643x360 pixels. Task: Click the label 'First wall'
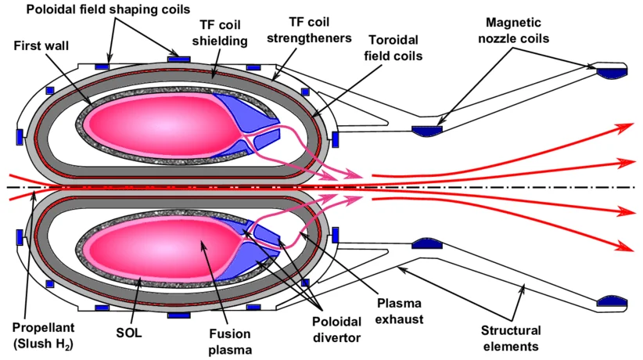pos(41,45)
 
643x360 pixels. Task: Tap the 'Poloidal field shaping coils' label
pos(108,9)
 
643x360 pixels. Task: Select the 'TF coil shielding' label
pos(220,32)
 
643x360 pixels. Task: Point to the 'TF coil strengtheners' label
pos(309,30)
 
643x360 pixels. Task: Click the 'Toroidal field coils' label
pos(393,48)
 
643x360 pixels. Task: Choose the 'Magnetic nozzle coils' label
pos(513,31)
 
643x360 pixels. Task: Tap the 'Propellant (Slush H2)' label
pos(44,336)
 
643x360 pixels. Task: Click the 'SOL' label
pos(129,333)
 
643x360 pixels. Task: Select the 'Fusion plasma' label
pos(230,341)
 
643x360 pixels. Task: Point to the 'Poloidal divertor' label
pos(336,329)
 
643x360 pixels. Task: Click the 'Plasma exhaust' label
pos(399,311)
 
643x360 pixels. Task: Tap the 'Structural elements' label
pos(511,338)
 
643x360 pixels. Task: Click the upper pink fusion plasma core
pos(164,124)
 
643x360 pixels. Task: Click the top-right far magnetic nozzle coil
pos(612,72)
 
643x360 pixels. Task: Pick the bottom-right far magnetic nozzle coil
pos(612,302)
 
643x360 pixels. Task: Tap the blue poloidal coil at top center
pos(179,59)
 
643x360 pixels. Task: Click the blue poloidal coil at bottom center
pos(179,315)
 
